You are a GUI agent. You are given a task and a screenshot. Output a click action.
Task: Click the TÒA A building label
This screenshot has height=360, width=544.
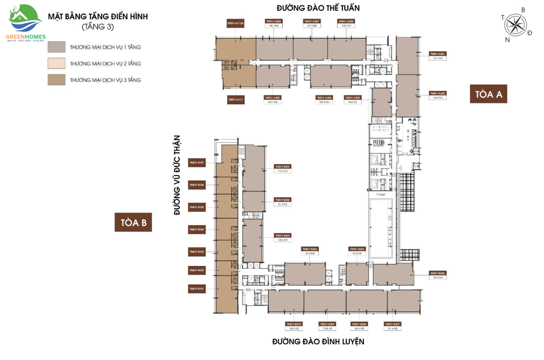[x=488, y=94]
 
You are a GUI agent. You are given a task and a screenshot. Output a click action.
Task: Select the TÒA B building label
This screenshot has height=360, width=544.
[x=133, y=223]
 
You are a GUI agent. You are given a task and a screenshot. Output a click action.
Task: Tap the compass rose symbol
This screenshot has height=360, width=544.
[x=515, y=25]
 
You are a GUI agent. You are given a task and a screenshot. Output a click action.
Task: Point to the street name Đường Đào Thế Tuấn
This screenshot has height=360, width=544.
[x=318, y=8]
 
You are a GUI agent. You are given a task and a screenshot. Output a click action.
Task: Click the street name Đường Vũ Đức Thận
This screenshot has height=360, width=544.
[x=177, y=175]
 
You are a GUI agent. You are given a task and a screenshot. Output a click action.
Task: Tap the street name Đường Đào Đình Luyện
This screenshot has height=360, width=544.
[x=318, y=341]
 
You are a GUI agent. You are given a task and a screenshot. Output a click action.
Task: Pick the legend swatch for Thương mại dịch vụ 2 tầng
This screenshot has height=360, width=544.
[x=57, y=63]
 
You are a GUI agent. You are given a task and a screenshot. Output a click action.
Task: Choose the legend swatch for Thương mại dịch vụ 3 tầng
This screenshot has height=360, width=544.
[x=57, y=79]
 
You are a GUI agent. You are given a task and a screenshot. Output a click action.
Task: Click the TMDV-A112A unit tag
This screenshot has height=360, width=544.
[x=235, y=23]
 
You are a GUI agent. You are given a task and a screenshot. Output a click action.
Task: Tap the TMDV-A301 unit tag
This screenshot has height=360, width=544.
[x=437, y=54]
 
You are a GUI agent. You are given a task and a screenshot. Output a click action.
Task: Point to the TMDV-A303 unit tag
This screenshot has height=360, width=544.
[x=352, y=97]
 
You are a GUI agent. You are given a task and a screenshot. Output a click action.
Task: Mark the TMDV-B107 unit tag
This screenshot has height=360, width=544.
[x=197, y=162]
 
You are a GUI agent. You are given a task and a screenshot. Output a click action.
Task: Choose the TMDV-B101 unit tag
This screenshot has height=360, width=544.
[x=197, y=289]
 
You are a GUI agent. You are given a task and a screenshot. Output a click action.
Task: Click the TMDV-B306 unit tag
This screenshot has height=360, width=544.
[x=437, y=273]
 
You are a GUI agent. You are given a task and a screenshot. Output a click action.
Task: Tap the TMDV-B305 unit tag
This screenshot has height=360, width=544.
[x=357, y=249]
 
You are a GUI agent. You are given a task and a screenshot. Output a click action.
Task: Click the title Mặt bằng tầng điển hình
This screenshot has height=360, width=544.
[x=97, y=17]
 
